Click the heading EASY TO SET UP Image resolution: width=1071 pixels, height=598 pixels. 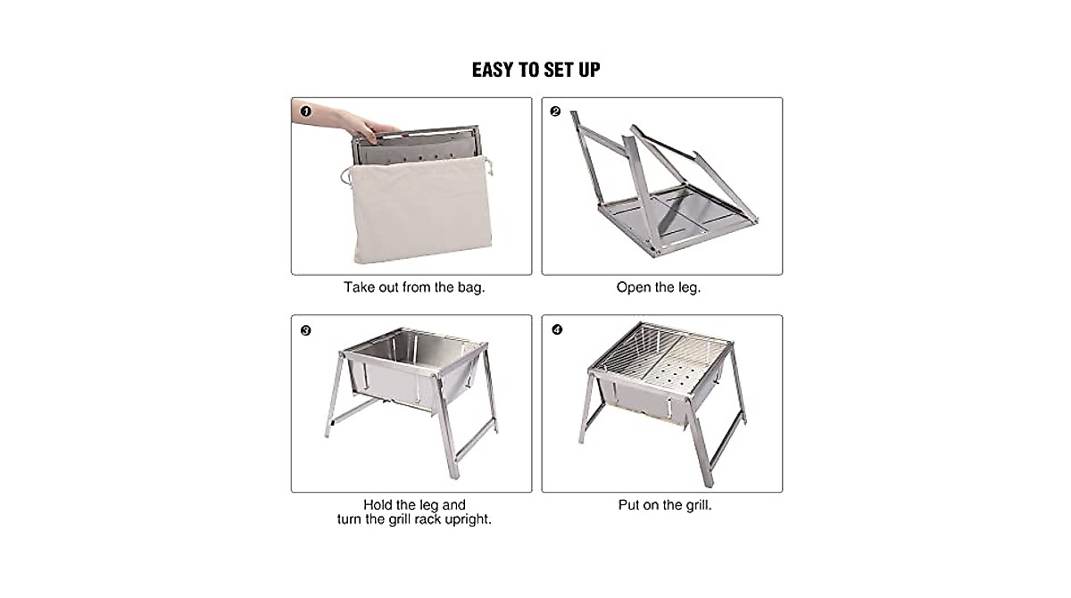point(535,70)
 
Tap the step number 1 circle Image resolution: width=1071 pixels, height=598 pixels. point(305,112)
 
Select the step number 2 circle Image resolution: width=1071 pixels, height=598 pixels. point(555,112)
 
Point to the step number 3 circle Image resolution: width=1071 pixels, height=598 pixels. point(305,330)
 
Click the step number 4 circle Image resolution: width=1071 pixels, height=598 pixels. point(558,329)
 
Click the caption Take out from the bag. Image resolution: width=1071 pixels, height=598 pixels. point(414,288)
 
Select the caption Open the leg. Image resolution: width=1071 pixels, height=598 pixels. point(659,288)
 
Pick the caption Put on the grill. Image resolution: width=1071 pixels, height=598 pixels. point(664,505)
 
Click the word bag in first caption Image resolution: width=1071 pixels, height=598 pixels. point(471,288)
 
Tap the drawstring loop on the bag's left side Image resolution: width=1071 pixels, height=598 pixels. point(344,175)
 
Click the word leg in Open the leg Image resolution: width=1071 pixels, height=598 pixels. point(689,288)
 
